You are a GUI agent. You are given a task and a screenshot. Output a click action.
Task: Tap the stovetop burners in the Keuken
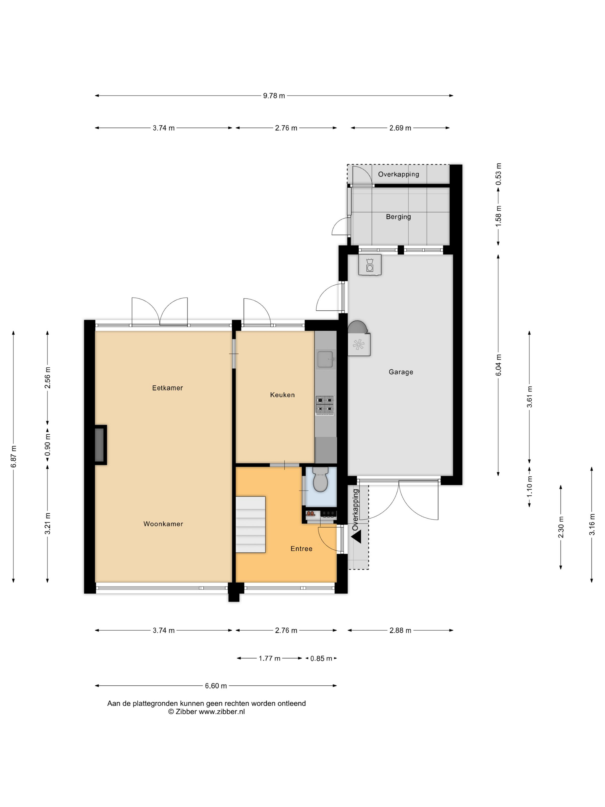325,405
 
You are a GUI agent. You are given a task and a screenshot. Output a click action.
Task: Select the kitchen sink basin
325,359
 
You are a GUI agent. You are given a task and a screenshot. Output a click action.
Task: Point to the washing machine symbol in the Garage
370,265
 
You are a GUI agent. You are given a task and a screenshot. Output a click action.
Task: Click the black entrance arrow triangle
356,537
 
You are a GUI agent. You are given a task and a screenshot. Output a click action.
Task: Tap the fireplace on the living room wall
100,445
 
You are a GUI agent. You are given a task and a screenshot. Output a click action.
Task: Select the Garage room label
401,372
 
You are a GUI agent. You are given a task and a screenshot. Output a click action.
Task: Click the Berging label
398,217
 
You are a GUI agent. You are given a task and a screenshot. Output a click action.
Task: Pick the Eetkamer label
167,388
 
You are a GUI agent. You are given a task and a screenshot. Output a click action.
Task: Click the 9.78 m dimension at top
274,96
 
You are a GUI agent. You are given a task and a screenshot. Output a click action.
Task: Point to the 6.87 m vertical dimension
14,457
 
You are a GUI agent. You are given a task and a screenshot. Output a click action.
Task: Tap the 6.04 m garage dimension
498,365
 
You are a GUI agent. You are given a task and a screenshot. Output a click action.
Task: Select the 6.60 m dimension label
216,686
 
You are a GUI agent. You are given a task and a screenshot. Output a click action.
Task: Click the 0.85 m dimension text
321,659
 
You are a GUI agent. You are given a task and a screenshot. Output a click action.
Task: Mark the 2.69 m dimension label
400,128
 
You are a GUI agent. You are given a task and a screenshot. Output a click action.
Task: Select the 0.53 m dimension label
498,174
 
